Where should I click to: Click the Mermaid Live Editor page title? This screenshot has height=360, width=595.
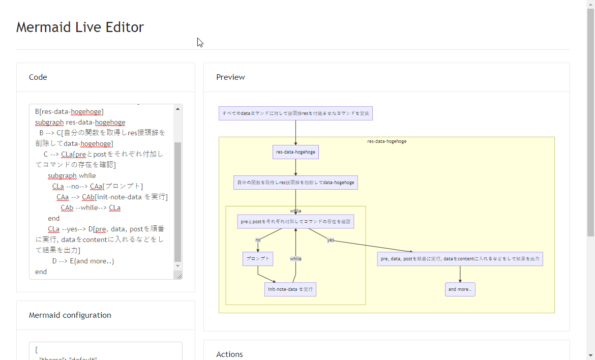coord(80,27)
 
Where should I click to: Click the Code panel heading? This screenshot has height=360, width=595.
coord(38,77)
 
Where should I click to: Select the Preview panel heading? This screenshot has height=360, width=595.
coord(230,77)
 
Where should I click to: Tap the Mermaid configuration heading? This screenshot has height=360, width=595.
coord(70,315)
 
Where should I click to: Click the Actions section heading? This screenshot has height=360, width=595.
coord(229,354)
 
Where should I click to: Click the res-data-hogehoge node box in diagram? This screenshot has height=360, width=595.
coord(295,152)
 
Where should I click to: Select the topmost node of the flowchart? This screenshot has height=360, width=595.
coord(295,113)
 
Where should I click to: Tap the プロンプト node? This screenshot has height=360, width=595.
coord(258,259)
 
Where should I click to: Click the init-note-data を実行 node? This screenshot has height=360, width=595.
coord(290,289)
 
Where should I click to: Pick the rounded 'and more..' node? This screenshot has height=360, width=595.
coord(460,289)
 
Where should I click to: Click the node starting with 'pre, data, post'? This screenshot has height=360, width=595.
coord(460,259)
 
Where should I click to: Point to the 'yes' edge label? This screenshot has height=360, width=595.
coord(331,240)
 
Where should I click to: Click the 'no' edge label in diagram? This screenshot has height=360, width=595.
coord(258,240)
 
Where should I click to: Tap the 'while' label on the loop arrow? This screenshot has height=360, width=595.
coord(295,259)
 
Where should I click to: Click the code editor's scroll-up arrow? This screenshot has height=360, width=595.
coord(177,109)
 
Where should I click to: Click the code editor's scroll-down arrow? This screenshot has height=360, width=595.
coord(177,266)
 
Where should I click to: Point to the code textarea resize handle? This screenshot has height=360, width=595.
coord(178,276)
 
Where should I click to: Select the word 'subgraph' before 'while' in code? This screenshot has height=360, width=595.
coord(62,176)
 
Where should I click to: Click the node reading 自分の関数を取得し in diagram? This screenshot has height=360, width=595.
coord(295,183)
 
